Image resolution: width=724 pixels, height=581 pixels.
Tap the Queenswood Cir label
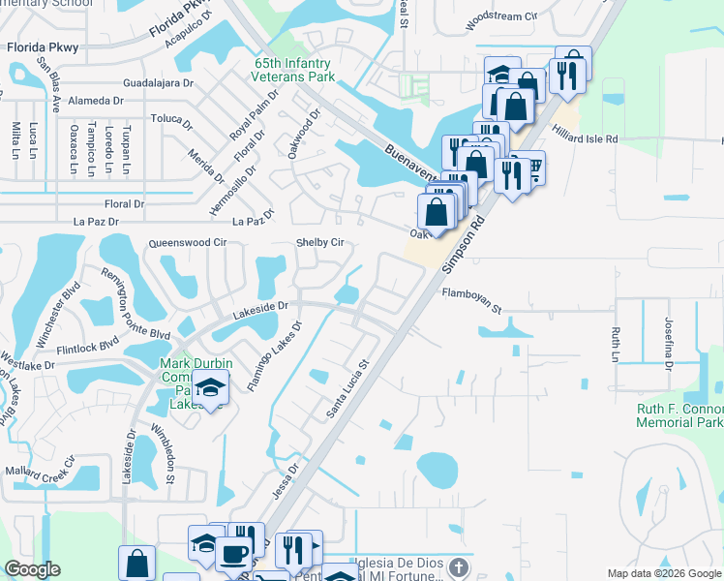click(187, 243)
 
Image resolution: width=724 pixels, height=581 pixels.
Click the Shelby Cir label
click(320, 242)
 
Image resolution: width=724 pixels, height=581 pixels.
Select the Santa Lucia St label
click(348, 390)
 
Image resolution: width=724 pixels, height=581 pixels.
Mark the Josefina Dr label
click(668, 344)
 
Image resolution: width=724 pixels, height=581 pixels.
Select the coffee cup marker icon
click(232, 554)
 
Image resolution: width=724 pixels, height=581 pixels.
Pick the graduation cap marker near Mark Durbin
click(210, 388)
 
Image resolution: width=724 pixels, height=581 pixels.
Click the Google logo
click(32, 569)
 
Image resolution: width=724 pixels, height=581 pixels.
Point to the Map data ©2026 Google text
click(663, 573)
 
